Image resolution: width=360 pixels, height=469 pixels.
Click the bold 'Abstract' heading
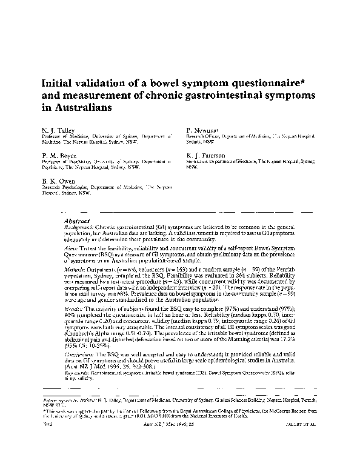point(77,221)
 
